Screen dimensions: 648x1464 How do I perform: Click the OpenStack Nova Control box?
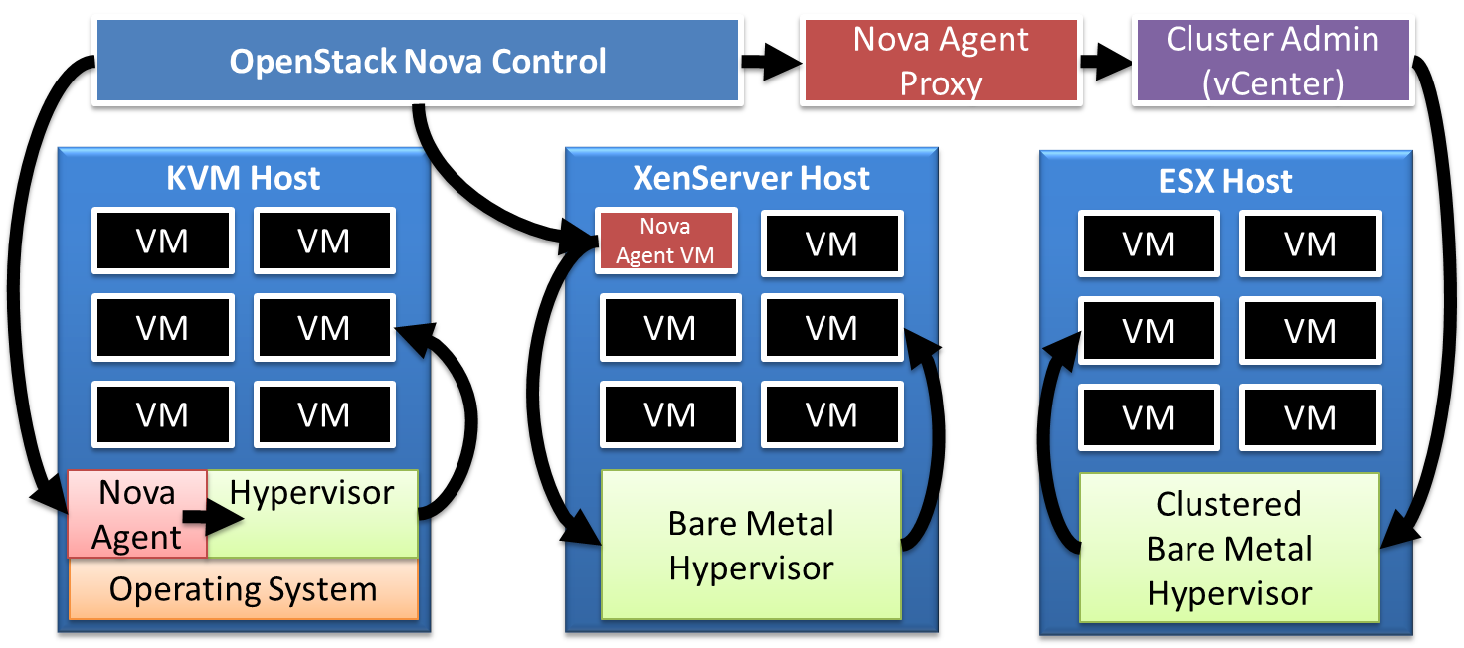point(417,62)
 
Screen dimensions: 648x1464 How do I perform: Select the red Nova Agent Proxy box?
point(940,62)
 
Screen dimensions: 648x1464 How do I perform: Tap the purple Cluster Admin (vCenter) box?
point(1272,62)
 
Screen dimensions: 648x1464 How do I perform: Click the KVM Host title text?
point(243,179)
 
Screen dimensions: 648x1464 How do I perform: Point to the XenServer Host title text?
point(751,179)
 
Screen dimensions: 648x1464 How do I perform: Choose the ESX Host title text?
point(1225,182)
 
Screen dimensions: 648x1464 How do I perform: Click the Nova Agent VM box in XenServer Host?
point(665,242)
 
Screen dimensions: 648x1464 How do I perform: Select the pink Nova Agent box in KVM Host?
point(136,515)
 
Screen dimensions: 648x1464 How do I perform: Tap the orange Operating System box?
point(243,589)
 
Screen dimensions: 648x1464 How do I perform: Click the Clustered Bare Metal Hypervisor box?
point(1229,549)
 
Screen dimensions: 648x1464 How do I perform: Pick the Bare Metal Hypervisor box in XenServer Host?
point(751,545)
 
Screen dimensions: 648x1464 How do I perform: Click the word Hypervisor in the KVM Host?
point(311,493)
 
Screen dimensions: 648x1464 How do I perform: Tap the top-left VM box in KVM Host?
point(162,241)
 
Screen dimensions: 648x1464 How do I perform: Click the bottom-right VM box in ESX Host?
point(1310,418)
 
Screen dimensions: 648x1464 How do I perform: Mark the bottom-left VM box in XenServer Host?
point(669,414)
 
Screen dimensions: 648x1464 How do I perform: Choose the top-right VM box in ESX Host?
point(1310,243)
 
